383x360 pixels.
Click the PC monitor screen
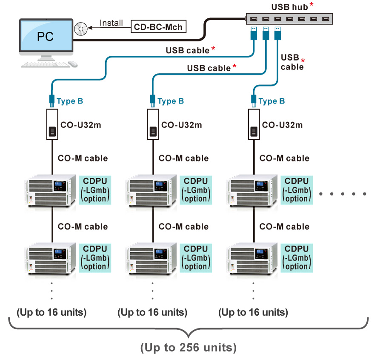45,36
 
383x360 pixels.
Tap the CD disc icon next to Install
80,29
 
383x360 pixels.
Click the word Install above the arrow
111,23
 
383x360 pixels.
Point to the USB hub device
289,19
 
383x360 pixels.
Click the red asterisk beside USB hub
312,6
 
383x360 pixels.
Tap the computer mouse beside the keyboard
73,63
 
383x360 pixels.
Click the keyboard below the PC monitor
45,64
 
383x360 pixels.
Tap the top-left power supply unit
51,191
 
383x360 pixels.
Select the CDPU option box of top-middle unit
196,190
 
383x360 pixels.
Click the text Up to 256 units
189,348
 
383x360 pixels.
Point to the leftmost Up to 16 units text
51,313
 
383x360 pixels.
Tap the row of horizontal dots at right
343,194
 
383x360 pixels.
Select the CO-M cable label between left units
83,226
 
